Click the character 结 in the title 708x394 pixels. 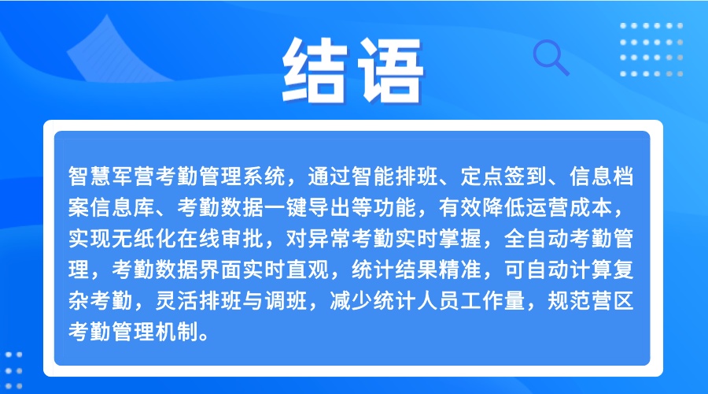tap(315, 70)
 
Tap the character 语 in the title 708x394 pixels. tap(390, 70)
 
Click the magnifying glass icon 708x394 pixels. tap(551, 58)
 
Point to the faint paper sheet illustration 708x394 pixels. tap(118, 49)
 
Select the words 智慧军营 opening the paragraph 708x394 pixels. tap(112, 176)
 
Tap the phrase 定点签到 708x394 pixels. tap(504, 176)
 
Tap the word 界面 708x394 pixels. tap(220, 269)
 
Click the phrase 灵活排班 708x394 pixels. tap(199, 301)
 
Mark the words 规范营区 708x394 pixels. tap(591, 301)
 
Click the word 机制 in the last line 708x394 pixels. tap(177, 332)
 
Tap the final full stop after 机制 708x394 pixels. tap(204, 337)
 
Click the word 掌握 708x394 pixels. tap(460, 239)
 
